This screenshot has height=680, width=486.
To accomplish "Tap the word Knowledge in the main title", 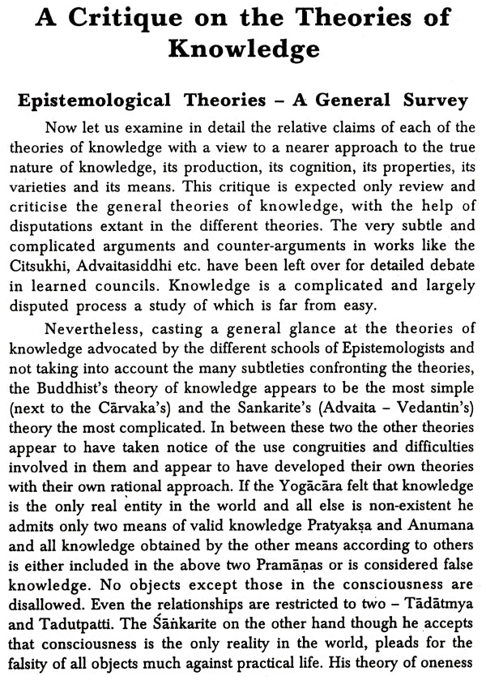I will [242, 50].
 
